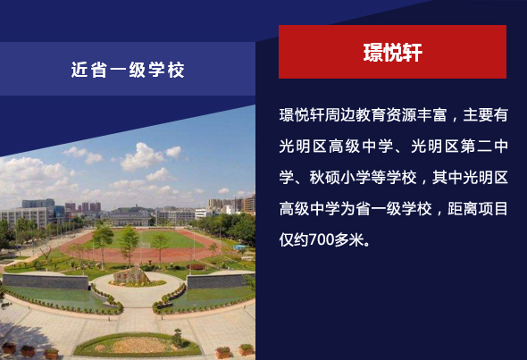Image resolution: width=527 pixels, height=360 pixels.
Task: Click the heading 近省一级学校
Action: (128, 70)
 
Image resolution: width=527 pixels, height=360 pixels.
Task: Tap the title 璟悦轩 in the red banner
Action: (392, 53)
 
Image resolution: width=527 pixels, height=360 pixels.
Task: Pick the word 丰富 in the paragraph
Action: (432, 115)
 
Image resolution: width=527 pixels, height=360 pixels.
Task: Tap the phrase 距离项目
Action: (478, 209)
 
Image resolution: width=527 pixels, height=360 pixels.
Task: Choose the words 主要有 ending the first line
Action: (485, 115)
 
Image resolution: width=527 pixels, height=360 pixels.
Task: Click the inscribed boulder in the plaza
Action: (132, 276)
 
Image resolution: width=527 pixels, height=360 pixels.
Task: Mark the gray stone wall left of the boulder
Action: (46, 281)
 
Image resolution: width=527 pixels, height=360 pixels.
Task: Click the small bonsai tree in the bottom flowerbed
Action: (178, 338)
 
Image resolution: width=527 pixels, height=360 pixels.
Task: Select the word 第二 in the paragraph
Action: (476, 147)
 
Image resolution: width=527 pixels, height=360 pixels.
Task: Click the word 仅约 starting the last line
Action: (294, 240)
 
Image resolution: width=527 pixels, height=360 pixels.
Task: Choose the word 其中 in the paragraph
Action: (448, 178)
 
